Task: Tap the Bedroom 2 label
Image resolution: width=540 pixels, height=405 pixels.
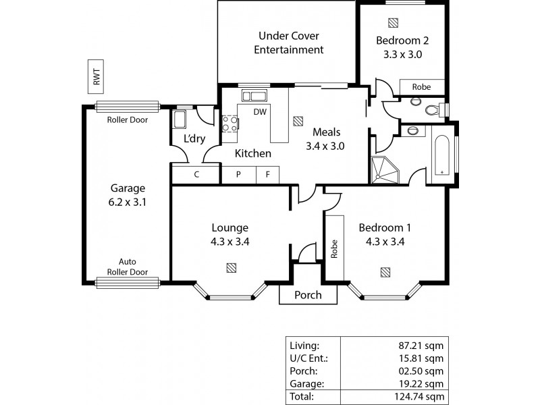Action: click(x=402, y=40)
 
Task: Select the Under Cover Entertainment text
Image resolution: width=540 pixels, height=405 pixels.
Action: click(x=290, y=43)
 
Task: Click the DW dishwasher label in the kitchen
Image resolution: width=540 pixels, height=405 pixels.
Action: click(x=259, y=112)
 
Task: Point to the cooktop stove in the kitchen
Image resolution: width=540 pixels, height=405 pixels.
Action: click(x=230, y=123)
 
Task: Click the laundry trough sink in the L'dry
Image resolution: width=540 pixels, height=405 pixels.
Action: click(x=180, y=120)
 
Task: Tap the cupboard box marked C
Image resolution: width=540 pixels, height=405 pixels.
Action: click(x=196, y=174)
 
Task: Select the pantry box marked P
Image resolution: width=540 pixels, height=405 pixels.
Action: click(x=238, y=174)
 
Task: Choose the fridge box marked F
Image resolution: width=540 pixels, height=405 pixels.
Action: click(x=267, y=174)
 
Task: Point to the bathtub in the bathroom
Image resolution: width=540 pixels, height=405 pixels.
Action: click(x=443, y=155)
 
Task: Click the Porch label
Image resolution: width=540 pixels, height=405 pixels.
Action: click(x=307, y=295)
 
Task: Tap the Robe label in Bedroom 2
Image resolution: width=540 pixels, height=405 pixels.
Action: click(x=422, y=87)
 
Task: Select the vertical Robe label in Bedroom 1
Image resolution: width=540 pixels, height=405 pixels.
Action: click(x=334, y=248)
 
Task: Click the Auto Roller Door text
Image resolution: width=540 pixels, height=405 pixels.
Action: click(x=128, y=267)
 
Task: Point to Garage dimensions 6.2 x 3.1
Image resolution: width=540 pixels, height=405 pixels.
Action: click(x=128, y=201)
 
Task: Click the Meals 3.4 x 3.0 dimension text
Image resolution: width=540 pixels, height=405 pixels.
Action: click(x=325, y=144)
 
